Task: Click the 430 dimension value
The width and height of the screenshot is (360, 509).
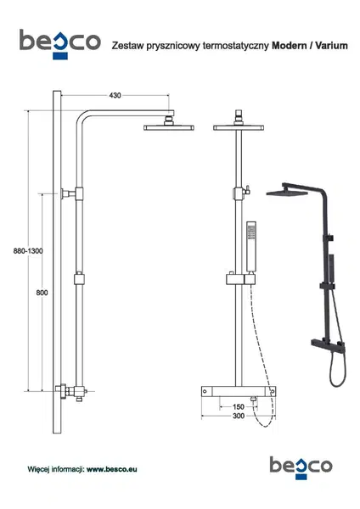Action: click(115, 95)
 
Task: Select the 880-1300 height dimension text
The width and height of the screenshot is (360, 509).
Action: click(28, 251)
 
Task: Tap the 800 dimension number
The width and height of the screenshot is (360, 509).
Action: click(42, 293)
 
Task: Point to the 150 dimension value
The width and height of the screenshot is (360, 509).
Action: click(238, 406)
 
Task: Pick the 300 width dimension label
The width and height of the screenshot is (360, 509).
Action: click(239, 416)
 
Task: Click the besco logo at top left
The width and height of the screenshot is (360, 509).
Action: click(59, 44)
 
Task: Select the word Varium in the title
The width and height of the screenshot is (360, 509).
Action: click(332, 46)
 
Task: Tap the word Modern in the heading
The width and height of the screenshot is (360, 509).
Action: click(290, 46)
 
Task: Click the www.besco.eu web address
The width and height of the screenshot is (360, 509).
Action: click(111, 469)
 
